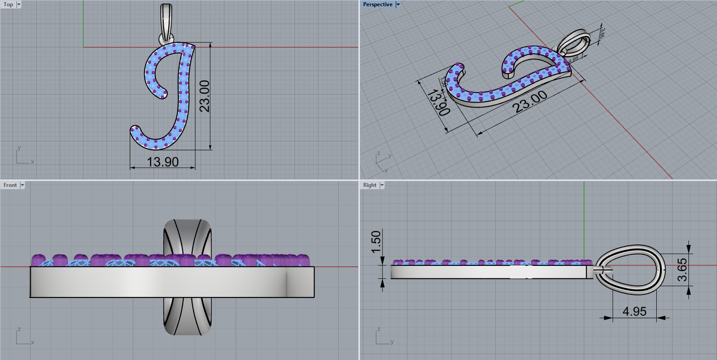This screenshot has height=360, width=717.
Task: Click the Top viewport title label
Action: point(8,4)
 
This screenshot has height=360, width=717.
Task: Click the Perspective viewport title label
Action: point(377,4)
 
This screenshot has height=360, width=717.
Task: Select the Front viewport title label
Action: point(10,185)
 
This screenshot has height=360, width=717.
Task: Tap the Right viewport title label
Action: point(369,185)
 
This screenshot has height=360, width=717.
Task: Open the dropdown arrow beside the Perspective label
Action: point(398,4)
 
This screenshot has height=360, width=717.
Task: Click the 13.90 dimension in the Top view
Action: point(162,162)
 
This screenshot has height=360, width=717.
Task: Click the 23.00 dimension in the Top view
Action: point(204,96)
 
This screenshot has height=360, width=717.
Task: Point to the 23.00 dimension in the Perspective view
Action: point(530,102)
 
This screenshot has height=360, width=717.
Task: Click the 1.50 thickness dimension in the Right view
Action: point(376,241)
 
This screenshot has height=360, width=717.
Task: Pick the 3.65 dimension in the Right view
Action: point(682,270)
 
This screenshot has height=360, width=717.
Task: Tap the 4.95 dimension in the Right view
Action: point(634,311)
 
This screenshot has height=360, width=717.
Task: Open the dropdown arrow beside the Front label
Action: point(22,185)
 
